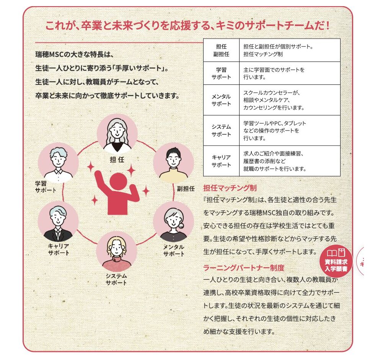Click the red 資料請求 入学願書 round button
click(336, 261)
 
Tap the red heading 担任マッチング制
click(230, 188)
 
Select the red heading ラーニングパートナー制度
click(244, 268)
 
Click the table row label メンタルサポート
click(221, 100)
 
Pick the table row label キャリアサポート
click(221, 161)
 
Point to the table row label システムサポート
click(221, 130)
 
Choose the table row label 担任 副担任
click(221, 50)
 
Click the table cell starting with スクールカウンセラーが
click(274, 100)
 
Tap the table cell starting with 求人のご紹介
click(275, 161)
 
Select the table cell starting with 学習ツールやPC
click(275, 130)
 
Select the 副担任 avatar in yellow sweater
click(173, 163)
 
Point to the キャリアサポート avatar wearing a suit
click(58, 222)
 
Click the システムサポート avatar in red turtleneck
click(117, 251)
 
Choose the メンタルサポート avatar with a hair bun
click(173, 222)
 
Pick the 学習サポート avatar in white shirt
click(58, 163)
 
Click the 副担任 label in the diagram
click(186, 189)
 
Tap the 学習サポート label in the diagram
click(46, 187)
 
